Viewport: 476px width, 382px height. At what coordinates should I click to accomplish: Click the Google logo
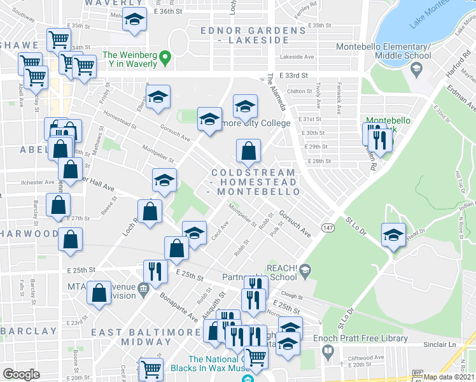tap(21, 375)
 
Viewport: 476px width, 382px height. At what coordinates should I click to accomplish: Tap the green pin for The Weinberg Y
tap(165, 59)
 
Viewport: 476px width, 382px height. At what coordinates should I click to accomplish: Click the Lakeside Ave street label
tap(301, 57)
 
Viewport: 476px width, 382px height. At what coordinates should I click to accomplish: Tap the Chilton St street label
tap(298, 91)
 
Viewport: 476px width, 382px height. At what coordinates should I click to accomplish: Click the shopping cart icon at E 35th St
tap(59, 39)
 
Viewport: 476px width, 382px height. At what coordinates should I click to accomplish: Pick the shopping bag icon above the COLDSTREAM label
tap(248, 152)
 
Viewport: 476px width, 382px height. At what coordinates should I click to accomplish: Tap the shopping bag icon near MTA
tap(99, 294)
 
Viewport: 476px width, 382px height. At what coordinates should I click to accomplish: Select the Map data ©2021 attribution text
tap(449, 377)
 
